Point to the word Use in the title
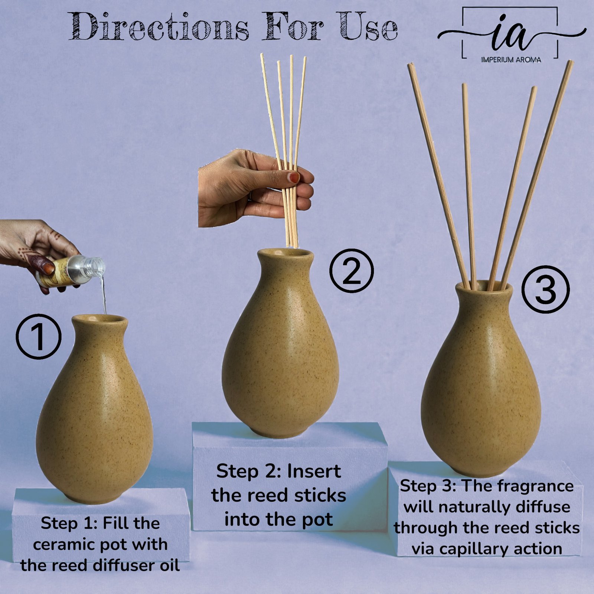pos(368,27)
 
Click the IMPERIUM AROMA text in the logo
pos(511,60)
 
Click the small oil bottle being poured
pos(71,271)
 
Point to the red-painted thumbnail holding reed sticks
pos(294,177)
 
